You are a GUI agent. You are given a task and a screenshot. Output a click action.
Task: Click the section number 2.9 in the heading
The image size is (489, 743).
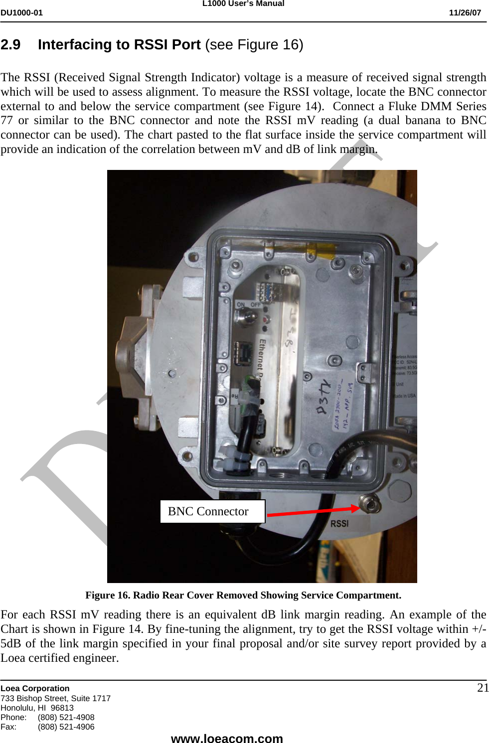pos(10,45)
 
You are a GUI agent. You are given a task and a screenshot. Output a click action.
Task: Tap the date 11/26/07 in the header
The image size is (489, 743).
pos(465,13)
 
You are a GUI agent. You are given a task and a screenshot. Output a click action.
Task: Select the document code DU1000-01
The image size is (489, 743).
pos(21,13)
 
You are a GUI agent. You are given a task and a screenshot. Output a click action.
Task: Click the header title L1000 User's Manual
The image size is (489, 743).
pos(243,3)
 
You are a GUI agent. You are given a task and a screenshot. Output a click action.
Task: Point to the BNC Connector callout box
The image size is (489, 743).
pos(212,511)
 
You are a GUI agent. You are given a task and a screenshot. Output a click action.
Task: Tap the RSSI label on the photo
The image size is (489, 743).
pos(339,524)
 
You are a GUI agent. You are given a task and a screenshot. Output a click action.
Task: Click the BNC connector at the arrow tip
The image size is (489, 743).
pos(370,505)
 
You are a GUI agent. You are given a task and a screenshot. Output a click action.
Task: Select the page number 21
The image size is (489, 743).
pos(483,688)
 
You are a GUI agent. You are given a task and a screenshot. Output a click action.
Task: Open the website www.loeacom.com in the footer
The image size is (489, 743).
pos(227,738)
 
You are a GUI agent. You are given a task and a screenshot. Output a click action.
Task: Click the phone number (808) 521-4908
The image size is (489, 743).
pos(66,717)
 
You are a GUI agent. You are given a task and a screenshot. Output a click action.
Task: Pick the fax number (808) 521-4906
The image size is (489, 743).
pos(66,727)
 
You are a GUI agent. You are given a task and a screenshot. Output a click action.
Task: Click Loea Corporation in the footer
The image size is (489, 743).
pos(35,688)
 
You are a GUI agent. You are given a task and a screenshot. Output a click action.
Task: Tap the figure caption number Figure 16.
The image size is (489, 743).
pos(107,595)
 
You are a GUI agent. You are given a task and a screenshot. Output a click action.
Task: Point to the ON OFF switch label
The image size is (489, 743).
pos(248,304)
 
